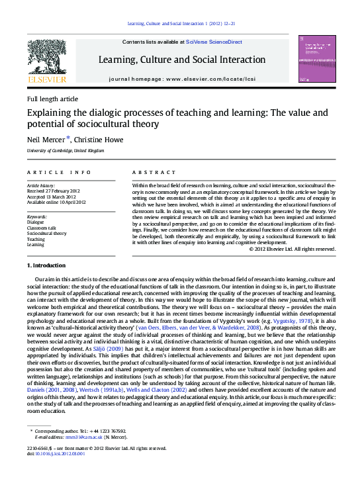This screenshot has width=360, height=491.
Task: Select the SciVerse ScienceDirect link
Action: pyautogui.click(x=213, y=42)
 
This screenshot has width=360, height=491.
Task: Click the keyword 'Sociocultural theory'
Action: pyautogui.click(x=46, y=233)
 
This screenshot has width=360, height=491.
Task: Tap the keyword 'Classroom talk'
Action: pyautogui.click(x=42, y=228)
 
